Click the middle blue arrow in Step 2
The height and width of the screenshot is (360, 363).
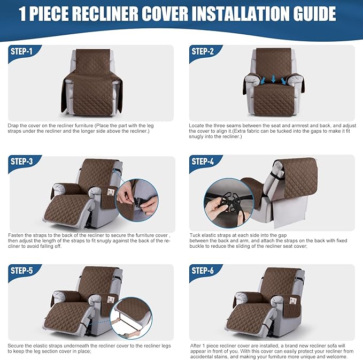coord(273,80)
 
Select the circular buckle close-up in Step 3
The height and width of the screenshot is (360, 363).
coord(137,200)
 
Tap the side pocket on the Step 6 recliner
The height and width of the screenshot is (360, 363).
coord(293,298)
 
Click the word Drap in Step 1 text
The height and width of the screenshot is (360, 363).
coord(13,125)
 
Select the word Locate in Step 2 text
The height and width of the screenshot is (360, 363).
coord(197,125)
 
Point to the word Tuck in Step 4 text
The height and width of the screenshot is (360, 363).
coord(196,235)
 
